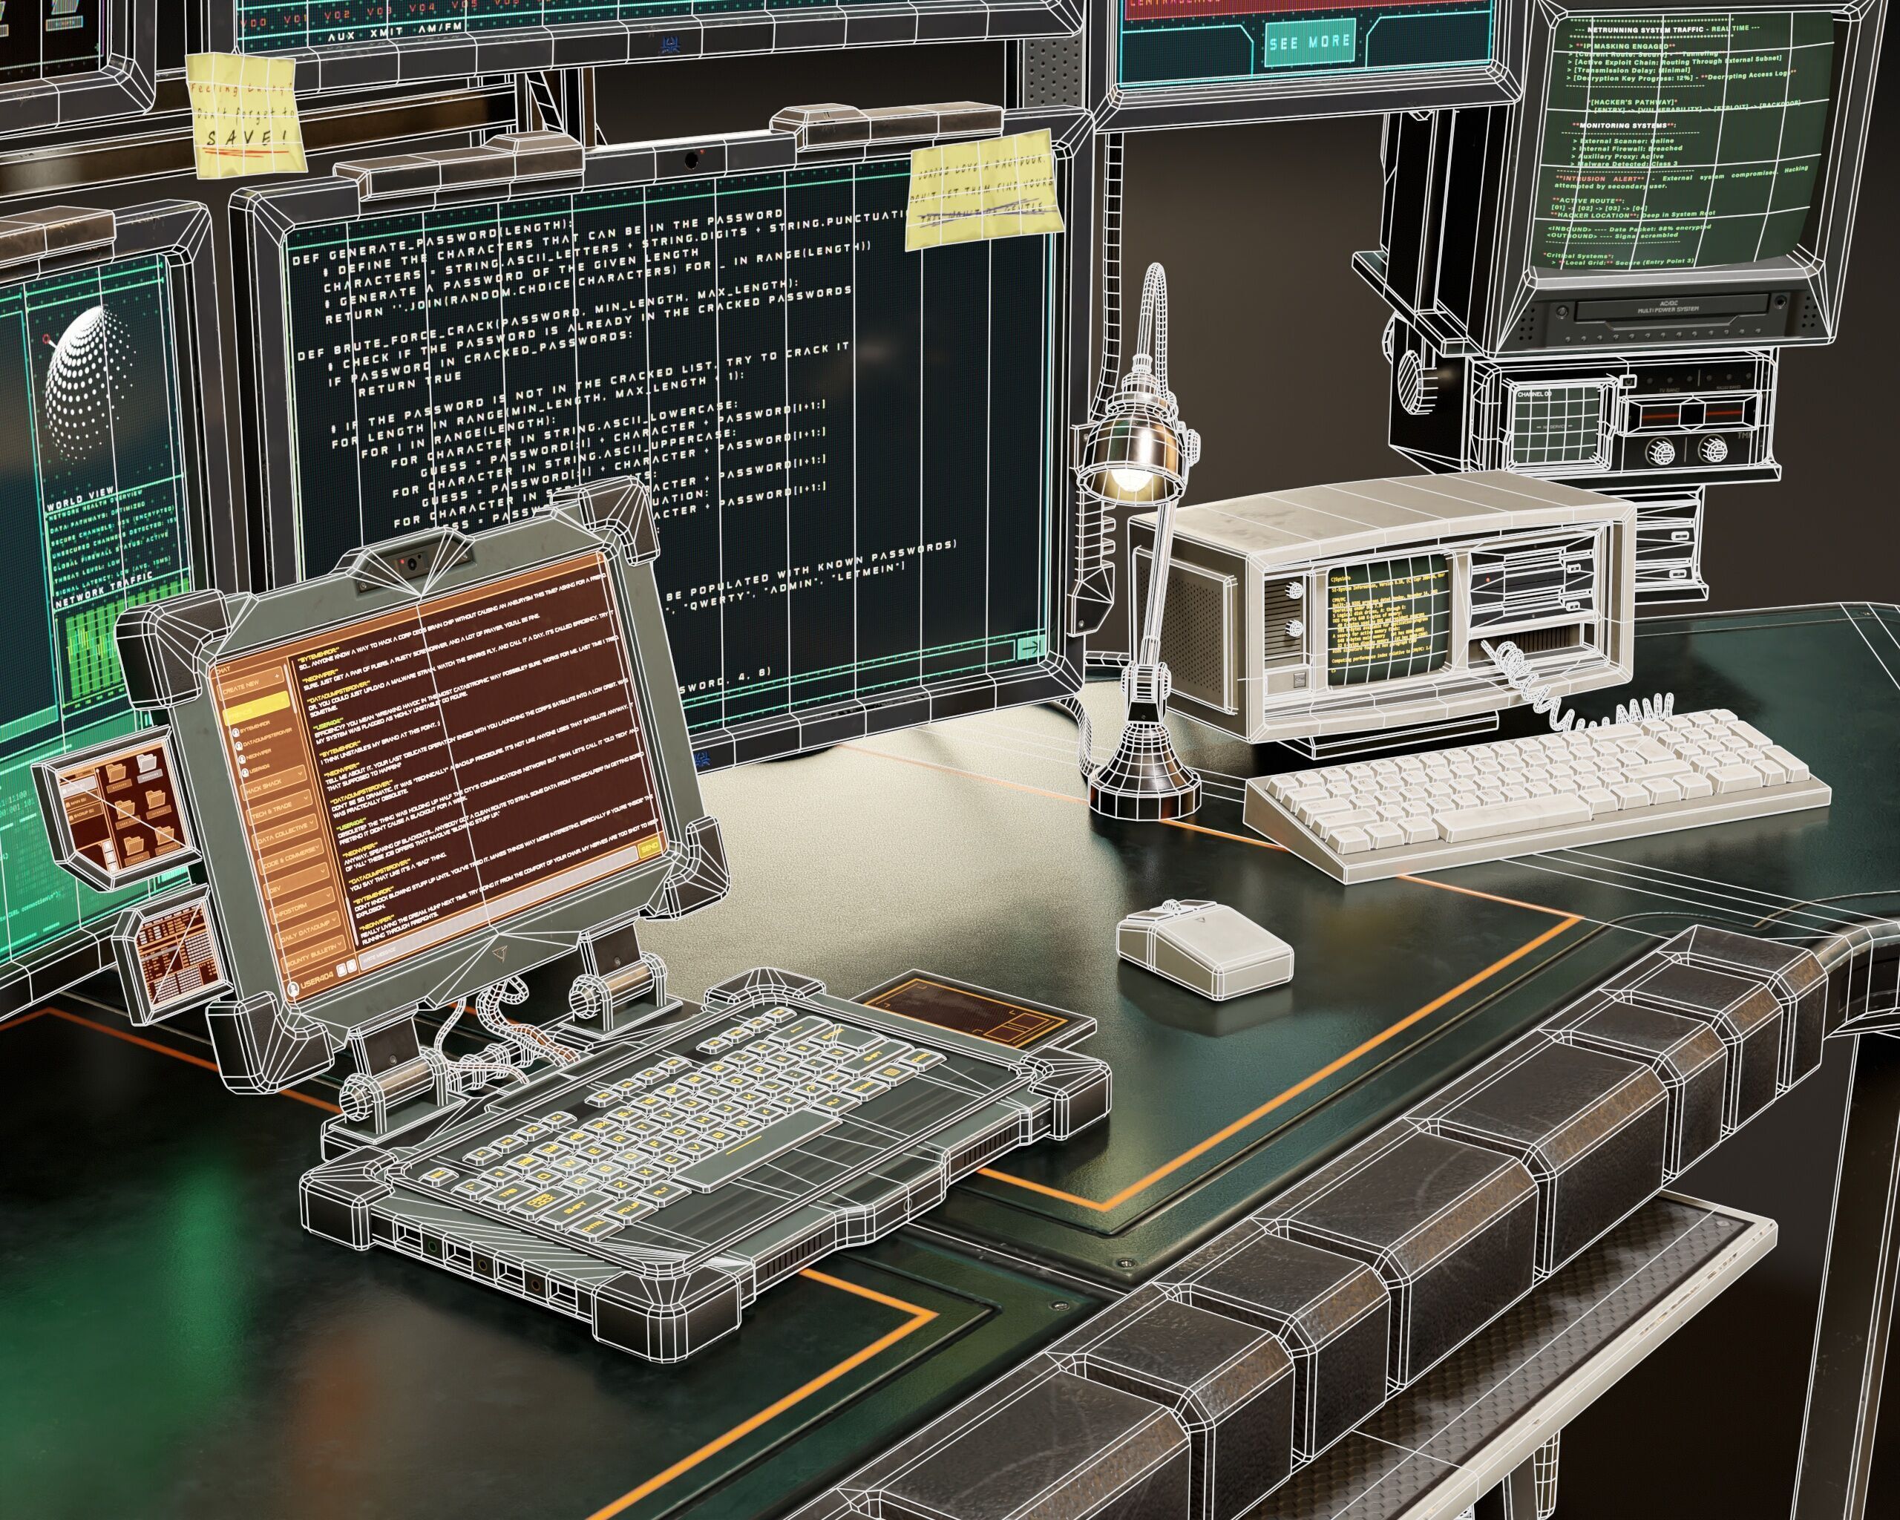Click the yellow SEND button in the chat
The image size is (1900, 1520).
(649, 848)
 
